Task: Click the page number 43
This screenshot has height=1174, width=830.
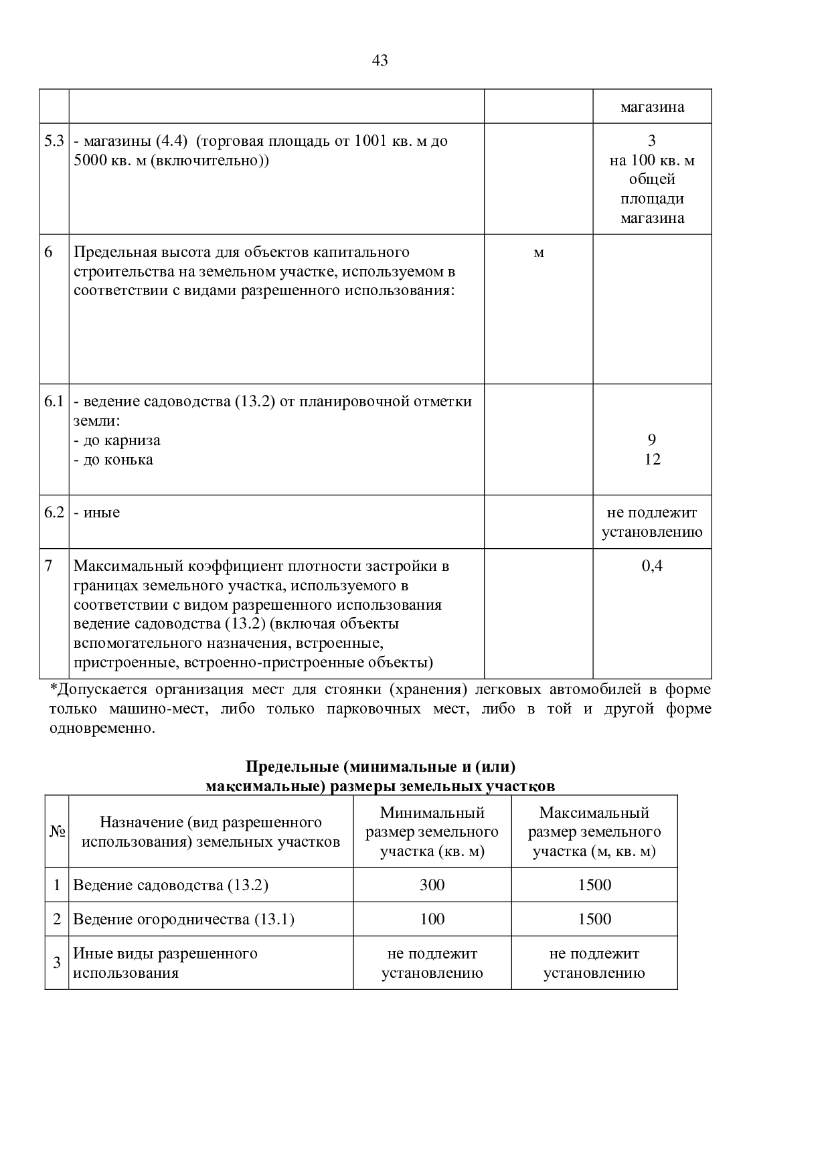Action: click(380, 61)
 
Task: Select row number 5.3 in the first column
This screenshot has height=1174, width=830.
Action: click(54, 141)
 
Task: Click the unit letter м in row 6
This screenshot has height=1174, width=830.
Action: click(539, 253)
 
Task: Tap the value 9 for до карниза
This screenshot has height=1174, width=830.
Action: click(652, 440)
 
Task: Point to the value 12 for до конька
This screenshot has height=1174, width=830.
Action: click(652, 459)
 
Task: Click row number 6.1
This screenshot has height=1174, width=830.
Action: click(54, 402)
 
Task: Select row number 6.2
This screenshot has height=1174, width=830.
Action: click(54, 513)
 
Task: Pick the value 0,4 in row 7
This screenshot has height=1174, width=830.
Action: click(652, 566)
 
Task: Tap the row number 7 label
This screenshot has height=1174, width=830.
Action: click(48, 566)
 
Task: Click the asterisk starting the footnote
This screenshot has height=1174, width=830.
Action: click(53, 688)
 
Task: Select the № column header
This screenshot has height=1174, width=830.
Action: click(57, 832)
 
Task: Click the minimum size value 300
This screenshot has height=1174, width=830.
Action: click(432, 886)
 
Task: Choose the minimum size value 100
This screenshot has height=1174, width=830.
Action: click(432, 919)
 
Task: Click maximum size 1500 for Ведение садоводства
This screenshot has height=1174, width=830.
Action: click(594, 886)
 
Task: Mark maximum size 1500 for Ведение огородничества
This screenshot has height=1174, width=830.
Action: click(594, 919)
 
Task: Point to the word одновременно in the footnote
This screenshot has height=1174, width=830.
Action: click(101, 728)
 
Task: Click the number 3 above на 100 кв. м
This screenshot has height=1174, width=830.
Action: click(652, 141)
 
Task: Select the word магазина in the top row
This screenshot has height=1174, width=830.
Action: click(652, 107)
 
